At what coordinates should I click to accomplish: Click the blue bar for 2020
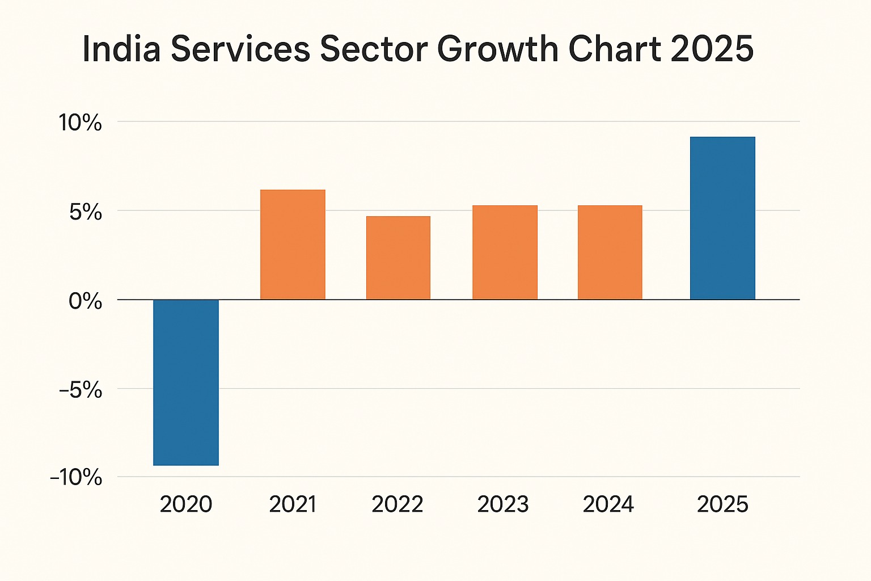pos(186,382)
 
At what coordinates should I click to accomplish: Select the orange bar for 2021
pos(293,245)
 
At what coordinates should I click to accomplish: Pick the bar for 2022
pos(398,258)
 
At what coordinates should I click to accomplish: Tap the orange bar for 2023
pos(505,252)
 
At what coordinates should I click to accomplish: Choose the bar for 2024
pos(610,252)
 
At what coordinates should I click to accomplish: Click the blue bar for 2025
pos(722,218)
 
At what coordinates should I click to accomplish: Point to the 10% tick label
pos(81,123)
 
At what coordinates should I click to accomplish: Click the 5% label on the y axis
pos(86,212)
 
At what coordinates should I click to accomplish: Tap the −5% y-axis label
pos(80,390)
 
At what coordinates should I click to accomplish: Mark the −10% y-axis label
pos(76,478)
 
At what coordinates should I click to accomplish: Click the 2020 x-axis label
pos(186,504)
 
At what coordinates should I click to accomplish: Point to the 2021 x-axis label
pos(293,504)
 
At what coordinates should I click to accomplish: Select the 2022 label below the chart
pos(398,504)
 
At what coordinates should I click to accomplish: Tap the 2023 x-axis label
pos(504,504)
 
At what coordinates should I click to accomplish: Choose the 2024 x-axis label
pos(608,504)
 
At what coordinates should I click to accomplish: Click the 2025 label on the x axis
pos(722,504)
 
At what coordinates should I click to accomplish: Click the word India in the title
pos(121,49)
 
